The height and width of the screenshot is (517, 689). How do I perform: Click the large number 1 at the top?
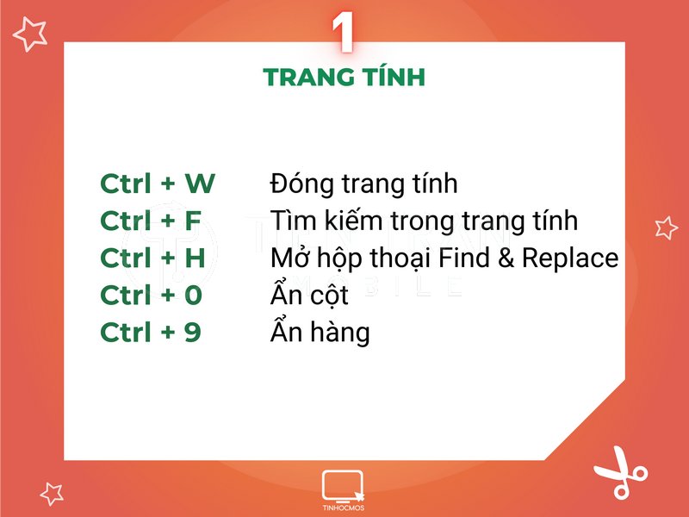point(343,32)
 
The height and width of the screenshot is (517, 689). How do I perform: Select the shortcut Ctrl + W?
point(158,184)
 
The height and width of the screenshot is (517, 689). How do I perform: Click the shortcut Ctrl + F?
point(151,221)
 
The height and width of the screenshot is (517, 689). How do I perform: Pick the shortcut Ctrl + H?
point(153,258)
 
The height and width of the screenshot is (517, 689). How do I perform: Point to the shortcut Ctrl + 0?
point(152,295)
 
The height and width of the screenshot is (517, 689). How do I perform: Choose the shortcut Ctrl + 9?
point(151,332)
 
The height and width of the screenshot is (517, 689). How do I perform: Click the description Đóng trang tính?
point(363,184)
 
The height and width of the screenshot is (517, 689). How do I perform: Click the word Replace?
point(570,258)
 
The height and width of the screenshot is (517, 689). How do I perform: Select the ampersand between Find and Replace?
point(506,258)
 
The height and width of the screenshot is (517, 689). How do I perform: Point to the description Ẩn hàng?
point(320,331)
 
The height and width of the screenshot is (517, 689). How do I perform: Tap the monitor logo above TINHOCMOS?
point(342,486)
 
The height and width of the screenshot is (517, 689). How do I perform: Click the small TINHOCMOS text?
point(343,508)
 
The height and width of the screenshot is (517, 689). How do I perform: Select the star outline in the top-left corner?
point(30,34)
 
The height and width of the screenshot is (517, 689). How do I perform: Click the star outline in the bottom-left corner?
point(52,493)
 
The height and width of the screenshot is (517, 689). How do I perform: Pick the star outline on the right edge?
point(666,227)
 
